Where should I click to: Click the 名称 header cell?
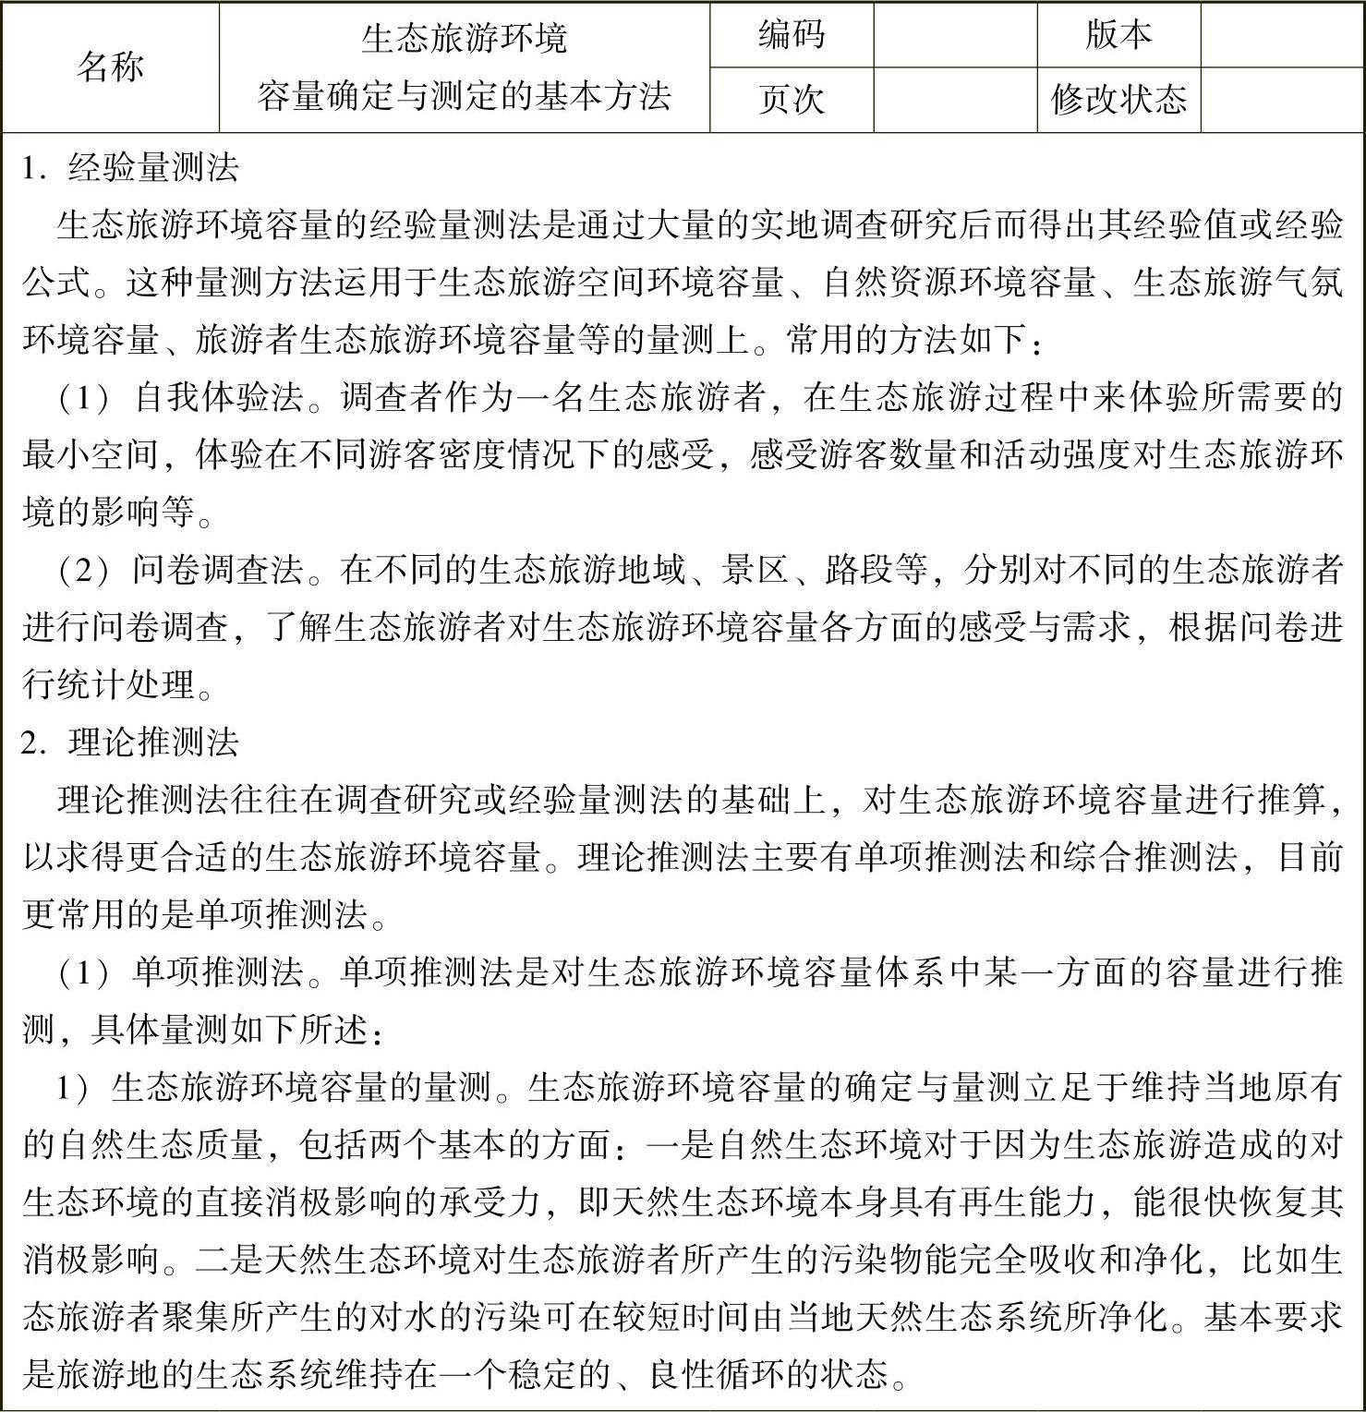point(110,66)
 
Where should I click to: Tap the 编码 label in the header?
point(791,35)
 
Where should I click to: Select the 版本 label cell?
point(1118,35)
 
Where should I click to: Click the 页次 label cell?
point(791,99)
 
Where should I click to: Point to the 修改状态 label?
point(1118,99)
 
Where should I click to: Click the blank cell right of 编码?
point(955,35)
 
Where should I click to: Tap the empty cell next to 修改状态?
point(1282,99)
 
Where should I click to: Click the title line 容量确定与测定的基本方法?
point(464,96)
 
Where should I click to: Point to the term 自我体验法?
point(220,398)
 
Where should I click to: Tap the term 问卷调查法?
point(218,570)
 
